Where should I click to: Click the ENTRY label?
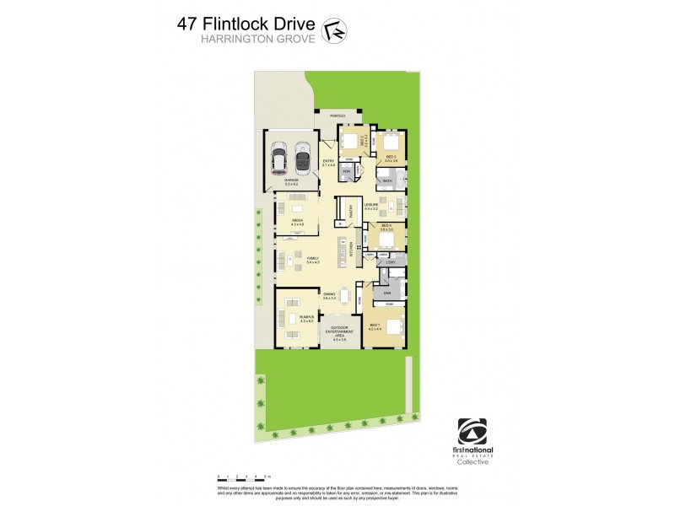(328, 164)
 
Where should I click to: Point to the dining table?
(344, 295)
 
